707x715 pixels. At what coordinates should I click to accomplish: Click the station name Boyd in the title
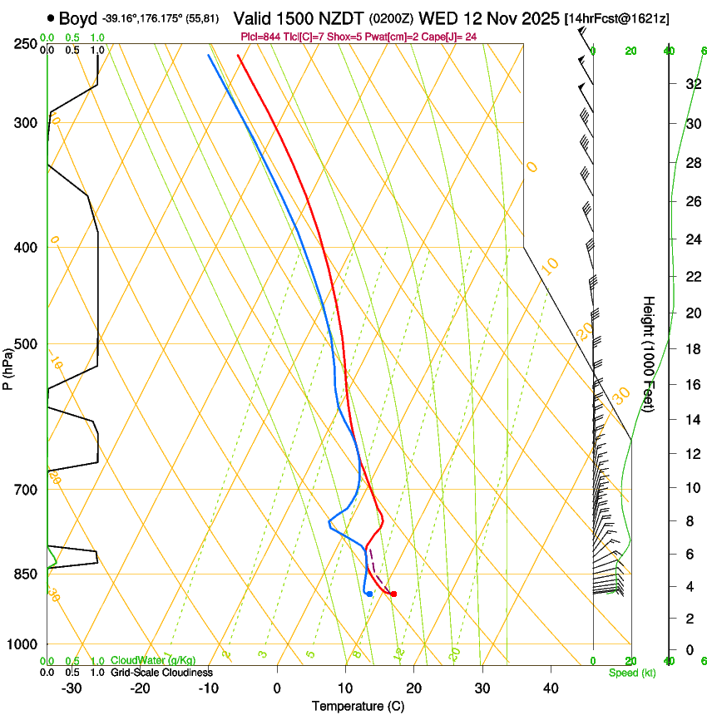pos(78,17)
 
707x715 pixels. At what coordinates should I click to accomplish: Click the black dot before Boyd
pos(52,17)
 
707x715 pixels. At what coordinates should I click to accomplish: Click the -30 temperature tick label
pos(72,688)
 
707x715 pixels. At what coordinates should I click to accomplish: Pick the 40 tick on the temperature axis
pos(551,688)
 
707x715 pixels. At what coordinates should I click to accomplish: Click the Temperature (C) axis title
pos(358,706)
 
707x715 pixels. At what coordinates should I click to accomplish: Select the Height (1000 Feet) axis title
pos(649,353)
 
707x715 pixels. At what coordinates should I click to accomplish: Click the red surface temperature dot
pos(393,594)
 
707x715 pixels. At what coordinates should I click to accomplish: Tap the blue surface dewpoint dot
pos(369,594)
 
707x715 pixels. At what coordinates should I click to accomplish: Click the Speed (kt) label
pos(632,673)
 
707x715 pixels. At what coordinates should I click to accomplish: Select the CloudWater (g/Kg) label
pos(153,661)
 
